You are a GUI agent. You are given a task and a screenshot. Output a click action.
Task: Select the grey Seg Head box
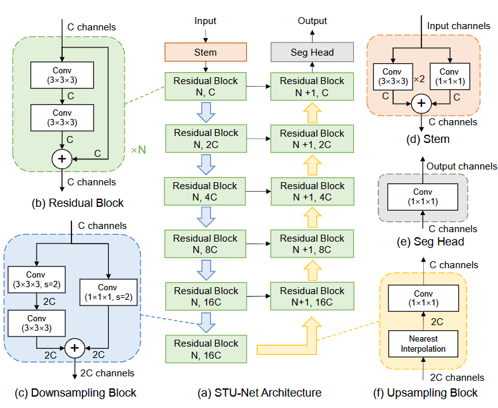312,53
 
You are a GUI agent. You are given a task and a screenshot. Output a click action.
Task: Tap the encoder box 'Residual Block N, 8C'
206,244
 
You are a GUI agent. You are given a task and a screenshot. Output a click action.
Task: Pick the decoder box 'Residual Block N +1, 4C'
312,191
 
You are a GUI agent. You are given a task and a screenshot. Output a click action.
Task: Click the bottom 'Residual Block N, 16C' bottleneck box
206,349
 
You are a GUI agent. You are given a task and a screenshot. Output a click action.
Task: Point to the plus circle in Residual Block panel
61,159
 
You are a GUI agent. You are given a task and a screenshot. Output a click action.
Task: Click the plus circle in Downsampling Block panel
75,347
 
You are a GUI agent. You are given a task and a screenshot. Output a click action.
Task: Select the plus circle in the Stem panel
420,104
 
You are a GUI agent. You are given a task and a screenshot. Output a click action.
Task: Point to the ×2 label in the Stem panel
418,80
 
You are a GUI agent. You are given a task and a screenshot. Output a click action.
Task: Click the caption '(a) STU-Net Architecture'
259,393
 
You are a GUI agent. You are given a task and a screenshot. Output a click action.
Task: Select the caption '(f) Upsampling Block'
425,393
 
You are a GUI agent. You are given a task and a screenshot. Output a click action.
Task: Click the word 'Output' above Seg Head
312,21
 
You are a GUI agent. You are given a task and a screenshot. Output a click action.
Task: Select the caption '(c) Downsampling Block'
75,393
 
